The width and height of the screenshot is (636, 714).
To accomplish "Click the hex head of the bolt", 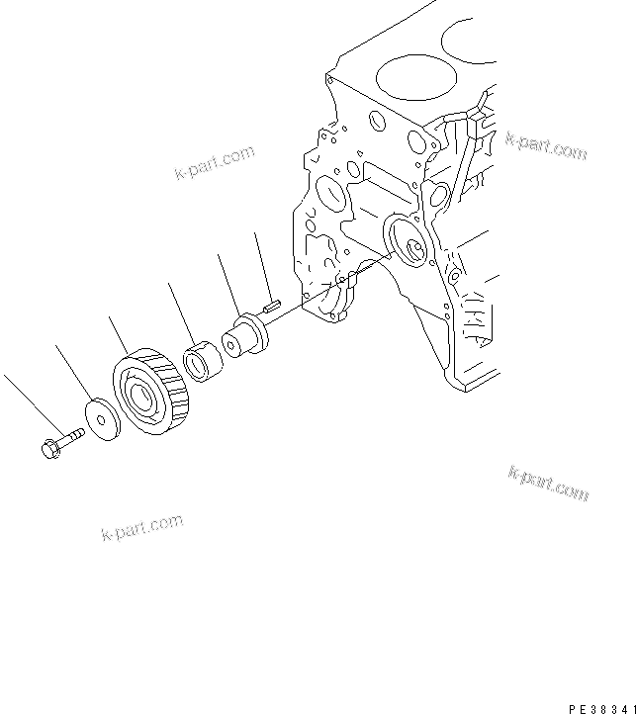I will (x=48, y=447).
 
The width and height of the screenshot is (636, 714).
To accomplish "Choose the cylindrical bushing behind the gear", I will (x=206, y=359).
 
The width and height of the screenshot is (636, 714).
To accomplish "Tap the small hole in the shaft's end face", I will (x=229, y=345).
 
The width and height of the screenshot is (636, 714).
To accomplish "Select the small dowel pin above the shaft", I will (x=274, y=308).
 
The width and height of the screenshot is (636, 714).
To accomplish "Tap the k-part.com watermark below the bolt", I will (x=142, y=529).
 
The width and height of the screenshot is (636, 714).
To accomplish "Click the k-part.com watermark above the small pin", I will (x=214, y=162).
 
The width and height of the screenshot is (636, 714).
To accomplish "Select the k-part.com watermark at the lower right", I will (x=549, y=482).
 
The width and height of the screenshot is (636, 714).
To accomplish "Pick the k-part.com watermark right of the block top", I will (x=546, y=146).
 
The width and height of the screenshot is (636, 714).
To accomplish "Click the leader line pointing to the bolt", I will (x=25, y=402).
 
